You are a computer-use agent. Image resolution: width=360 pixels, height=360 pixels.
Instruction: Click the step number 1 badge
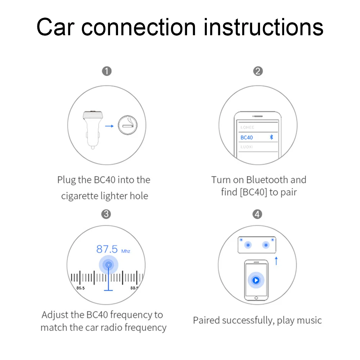pyautogui.click(x=107, y=71)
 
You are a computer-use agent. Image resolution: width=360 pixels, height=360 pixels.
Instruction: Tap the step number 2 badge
pyautogui.click(x=258, y=71)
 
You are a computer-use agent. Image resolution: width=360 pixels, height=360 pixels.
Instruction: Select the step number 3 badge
pyautogui.click(x=106, y=214)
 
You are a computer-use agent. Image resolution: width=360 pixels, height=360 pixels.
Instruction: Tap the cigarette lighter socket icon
pyautogui.click(x=127, y=125)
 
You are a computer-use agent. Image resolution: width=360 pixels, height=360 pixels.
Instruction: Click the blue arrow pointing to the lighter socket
pyautogui.click(x=109, y=126)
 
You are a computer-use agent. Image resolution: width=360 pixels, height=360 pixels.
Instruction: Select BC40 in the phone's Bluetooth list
pyautogui.click(x=247, y=137)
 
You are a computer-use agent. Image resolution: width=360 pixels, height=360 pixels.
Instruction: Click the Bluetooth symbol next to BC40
pyautogui.click(x=272, y=137)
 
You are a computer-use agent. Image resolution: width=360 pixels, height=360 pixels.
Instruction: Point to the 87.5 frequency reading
pyautogui.click(x=107, y=249)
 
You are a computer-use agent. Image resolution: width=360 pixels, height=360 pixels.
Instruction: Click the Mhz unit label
pyautogui.click(x=126, y=251)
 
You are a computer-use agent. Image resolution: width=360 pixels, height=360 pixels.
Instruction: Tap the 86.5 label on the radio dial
pyautogui.click(x=80, y=288)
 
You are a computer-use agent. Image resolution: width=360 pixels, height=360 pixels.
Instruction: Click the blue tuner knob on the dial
pyautogui.click(x=109, y=265)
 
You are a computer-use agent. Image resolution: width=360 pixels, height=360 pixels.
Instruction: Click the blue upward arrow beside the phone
pyautogui.click(x=276, y=261)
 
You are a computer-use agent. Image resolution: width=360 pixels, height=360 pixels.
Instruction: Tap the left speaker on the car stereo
pyautogui.click(x=248, y=245)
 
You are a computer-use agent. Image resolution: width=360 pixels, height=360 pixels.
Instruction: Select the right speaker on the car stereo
pyautogui.click(x=266, y=245)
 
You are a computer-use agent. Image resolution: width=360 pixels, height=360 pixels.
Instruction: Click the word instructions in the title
pyautogui.click(x=264, y=27)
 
